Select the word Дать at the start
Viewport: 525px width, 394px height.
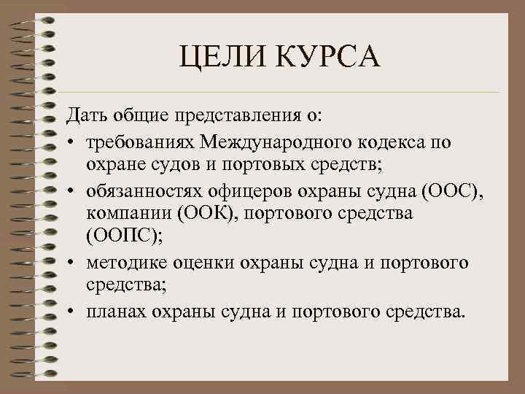tap(87, 115)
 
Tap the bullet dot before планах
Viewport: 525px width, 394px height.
tap(75, 312)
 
